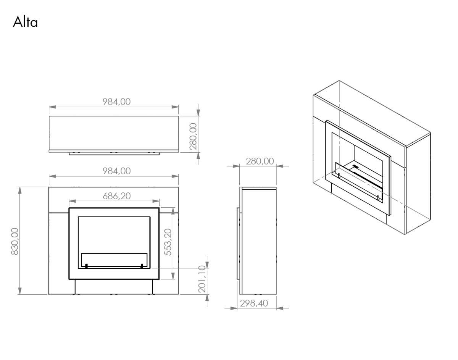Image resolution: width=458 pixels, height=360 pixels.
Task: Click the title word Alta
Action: pyautogui.click(x=25, y=22)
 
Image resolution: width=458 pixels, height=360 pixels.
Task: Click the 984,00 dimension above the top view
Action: pyautogui.click(x=116, y=102)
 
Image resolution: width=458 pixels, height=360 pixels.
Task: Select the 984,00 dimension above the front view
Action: pyautogui.click(x=116, y=171)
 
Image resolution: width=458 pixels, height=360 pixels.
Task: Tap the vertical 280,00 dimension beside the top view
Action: pyautogui.click(x=194, y=136)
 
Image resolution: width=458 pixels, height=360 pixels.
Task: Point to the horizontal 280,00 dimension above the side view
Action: pyautogui.click(x=260, y=161)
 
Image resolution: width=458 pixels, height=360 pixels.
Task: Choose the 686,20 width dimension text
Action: pyautogui.click(x=116, y=196)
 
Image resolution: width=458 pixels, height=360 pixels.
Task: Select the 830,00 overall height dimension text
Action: pyautogui.click(x=15, y=241)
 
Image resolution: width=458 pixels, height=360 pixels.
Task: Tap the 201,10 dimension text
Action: pyautogui.click(x=202, y=279)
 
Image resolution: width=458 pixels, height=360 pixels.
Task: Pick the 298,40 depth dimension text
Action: pyautogui.click(x=254, y=303)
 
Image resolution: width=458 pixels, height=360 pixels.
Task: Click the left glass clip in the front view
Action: pyautogui.click(x=86, y=266)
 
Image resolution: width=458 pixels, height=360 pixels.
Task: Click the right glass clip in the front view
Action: pyautogui.click(x=142, y=266)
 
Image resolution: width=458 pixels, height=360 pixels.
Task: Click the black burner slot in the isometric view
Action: pyautogui.click(x=356, y=167)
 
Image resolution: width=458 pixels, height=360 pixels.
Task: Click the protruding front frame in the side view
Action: pyautogui.click(x=239, y=243)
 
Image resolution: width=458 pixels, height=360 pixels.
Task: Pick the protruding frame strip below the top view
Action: pyautogui.click(x=114, y=154)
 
